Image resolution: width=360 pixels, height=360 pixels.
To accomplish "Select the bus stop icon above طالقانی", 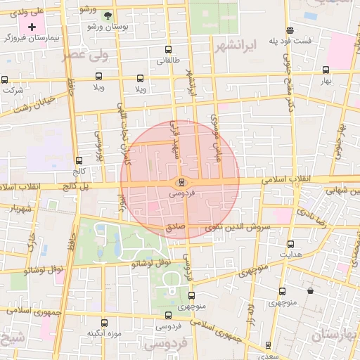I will tap(167, 50).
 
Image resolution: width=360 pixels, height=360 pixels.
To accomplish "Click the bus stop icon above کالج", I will tap(79, 160).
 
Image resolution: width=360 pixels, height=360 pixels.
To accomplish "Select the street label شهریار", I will tap(18, 209).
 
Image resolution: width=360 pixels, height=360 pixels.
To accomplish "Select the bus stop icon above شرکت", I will tap(6, 79).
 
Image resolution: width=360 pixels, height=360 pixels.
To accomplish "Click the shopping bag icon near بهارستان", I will tap(310, 290).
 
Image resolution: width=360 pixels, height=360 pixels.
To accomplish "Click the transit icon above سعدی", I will tap(268, 345).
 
